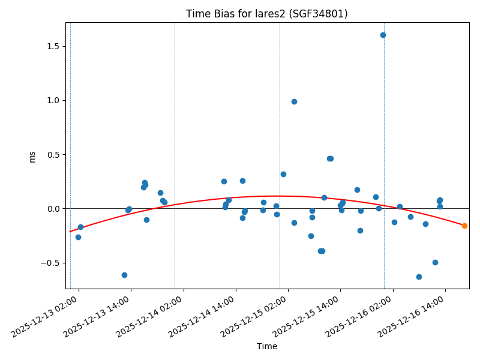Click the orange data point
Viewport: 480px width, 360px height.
tap(464, 226)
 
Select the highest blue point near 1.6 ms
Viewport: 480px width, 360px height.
tap(383, 35)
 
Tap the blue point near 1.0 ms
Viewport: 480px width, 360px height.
tap(294, 101)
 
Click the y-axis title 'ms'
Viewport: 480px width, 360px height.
tap(32, 156)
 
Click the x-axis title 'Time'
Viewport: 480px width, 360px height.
tap(267, 346)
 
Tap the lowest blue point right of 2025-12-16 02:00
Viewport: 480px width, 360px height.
tap(419, 277)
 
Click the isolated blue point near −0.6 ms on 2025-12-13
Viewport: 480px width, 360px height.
tap(124, 275)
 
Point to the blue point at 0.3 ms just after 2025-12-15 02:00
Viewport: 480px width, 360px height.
tap(283, 174)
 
